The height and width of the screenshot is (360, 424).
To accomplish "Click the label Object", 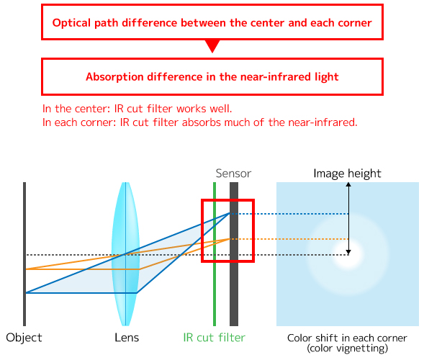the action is tap(24, 338).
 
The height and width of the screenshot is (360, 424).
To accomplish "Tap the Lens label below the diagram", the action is tap(127, 338).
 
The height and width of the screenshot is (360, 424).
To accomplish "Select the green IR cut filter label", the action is tap(215, 338).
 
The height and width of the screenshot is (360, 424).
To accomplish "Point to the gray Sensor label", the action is tap(233, 174).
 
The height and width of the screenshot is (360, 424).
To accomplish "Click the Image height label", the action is tap(347, 174).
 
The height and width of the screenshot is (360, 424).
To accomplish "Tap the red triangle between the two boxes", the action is tap(212, 46).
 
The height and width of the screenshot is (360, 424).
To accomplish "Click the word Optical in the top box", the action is tap(71, 23).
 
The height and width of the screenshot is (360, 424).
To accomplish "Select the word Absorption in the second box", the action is tap(114, 77).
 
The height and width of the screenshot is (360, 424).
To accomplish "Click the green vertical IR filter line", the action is tap(215, 254).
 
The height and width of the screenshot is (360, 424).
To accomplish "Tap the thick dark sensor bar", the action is tap(234, 254).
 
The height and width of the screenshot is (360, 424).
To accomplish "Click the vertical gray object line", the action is tap(24, 254).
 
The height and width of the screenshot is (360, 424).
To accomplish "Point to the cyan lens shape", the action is tap(125, 254).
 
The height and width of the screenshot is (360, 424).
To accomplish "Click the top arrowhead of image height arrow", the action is tap(348, 184).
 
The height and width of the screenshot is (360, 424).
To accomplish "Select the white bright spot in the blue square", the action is tap(348, 254).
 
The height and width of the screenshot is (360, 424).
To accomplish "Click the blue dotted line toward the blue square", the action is tap(289, 214).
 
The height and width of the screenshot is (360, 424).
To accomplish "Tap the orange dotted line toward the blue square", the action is tap(289, 239).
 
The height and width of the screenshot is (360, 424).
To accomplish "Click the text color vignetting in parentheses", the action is tap(347, 348).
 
